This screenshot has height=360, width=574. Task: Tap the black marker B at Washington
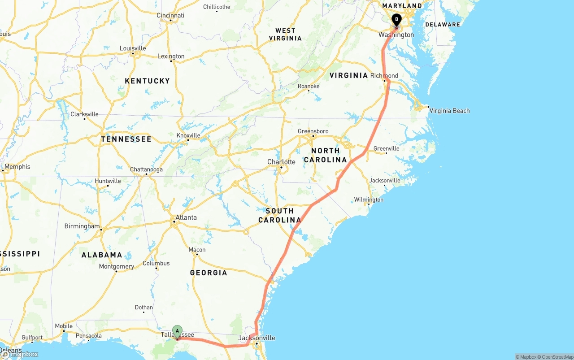pyautogui.click(x=396, y=20)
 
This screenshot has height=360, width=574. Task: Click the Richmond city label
pyautogui.click(x=384, y=76)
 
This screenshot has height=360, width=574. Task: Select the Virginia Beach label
pyautogui.click(x=449, y=111)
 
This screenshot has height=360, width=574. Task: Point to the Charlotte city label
pyautogui.click(x=281, y=162)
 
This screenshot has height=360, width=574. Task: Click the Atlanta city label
pyautogui.click(x=186, y=217)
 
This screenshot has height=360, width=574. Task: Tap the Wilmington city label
pyautogui.click(x=369, y=200)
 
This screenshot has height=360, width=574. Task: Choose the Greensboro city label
pyautogui.click(x=313, y=131)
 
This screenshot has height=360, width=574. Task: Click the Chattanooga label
pyautogui.click(x=146, y=169)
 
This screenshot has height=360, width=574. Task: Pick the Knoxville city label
pyautogui.click(x=188, y=135)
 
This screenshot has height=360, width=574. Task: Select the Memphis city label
pyautogui.click(x=17, y=167)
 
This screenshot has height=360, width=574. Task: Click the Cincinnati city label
pyautogui.click(x=170, y=15)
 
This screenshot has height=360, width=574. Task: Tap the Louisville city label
pyautogui.click(x=133, y=48)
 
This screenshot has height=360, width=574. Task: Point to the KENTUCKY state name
pyautogui.click(x=147, y=81)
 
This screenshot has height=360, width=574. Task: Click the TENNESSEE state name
pyautogui.click(x=126, y=139)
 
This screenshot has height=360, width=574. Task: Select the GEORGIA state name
pyautogui.click(x=209, y=273)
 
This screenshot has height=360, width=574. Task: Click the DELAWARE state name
pyautogui.click(x=443, y=25)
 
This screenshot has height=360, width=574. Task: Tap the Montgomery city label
pyautogui.click(x=117, y=266)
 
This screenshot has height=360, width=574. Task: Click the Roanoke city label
pyautogui.click(x=309, y=86)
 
